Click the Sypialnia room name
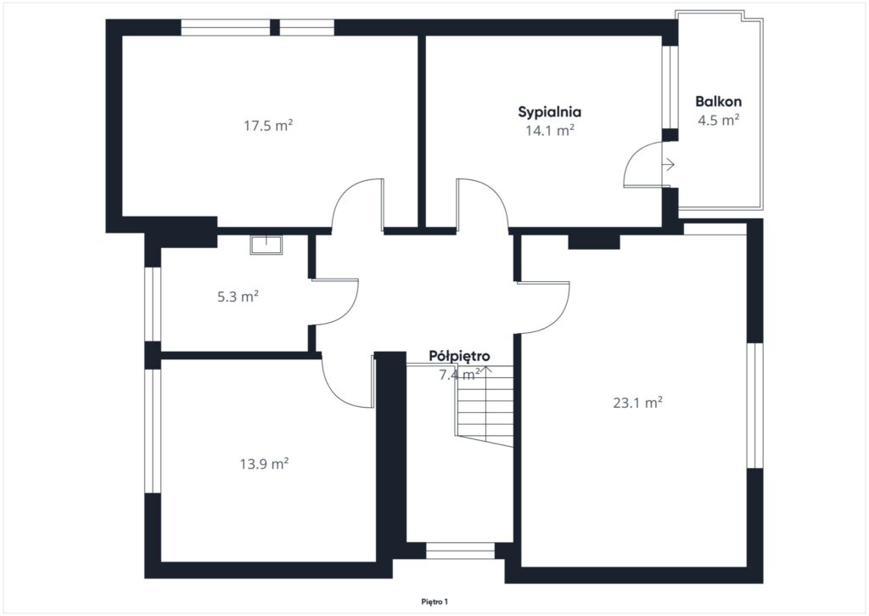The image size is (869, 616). pyautogui.click(x=549, y=111)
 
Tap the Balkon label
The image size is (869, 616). pyautogui.click(x=718, y=102)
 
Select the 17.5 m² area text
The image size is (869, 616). pyautogui.click(x=268, y=126)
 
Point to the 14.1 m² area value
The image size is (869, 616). pyautogui.click(x=549, y=130)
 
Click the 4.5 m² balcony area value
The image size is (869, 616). pyautogui.click(x=718, y=120)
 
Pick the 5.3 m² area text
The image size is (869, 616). pyautogui.click(x=238, y=297)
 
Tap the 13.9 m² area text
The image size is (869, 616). pyautogui.click(x=264, y=463)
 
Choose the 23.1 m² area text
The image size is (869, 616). pyautogui.click(x=637, y=403)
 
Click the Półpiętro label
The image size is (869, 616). pyautogui.click(x=459, y=356)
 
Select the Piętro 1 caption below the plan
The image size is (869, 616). pyautogui.click(x=434, y=602)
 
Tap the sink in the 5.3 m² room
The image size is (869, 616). pyautogui.click(x=266, y=244)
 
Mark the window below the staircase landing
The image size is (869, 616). pyautogui.click(x=460, y=551)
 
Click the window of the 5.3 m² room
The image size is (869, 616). pyautogui.click(x=153, y=304)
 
